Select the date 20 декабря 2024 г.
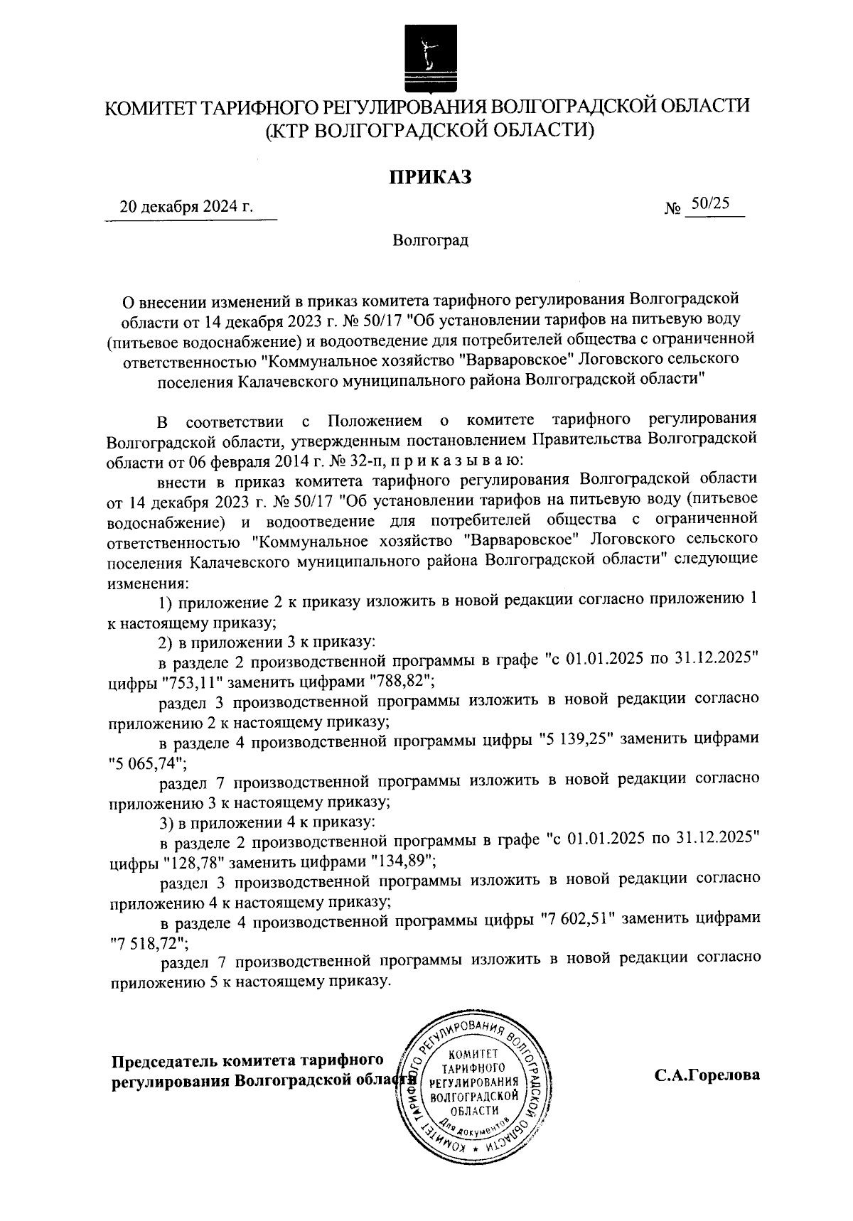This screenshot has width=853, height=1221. pos(187,207)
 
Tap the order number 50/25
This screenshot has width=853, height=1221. pos(710,204)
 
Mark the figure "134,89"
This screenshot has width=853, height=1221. pos(399,863)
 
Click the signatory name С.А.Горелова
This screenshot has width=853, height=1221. pos(707,1075)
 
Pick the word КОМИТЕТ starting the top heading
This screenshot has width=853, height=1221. pos(148,108)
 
